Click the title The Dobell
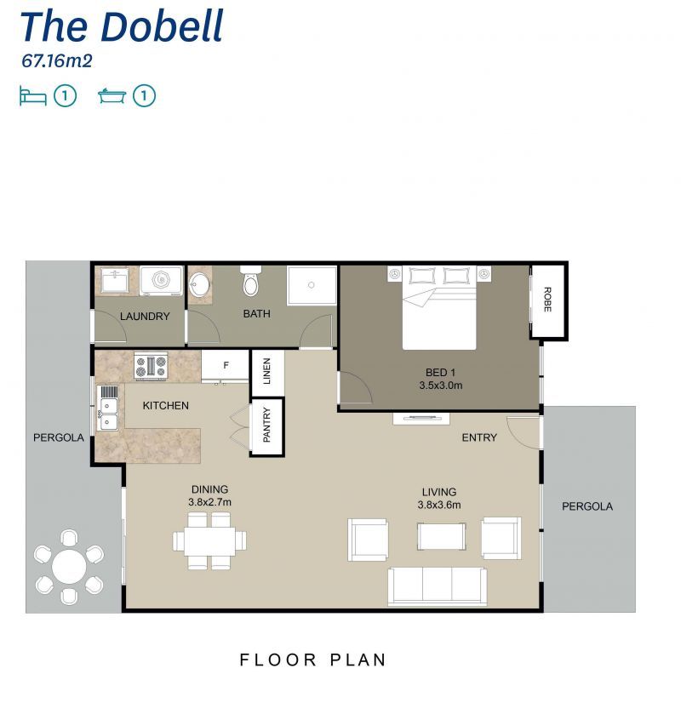pyautogui.click(x=121, y=26)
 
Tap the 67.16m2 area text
pyautogui.click(x=56, y=61)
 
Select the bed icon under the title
pyautogui.click(x=33, y=96)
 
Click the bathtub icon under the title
pyautogui.click(x=112, y=96)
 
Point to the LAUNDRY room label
pyautogui.click(x=145, y=317)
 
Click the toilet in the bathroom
pyautogui.click(x=252, y=281)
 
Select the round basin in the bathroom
pyautogui.click(x=201, y=284)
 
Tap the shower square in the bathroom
pyautogui.click(x=312, y=286)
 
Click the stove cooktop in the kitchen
pyautogui.click(x=151, y=367)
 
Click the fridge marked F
pyautogui.click(x=226, y=367)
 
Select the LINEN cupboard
pyautogui.click(x=266, y=372)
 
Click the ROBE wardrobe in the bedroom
pyautogui.click(x=547, y=300)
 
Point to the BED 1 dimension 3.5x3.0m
pyautogui.click(x=440, y=386)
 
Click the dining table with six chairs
pyautogui.click(x=209, y=540)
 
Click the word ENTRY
pyautogui.click(x=478, y=437)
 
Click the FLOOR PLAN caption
pyautogui.click(x=312, y=660)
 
